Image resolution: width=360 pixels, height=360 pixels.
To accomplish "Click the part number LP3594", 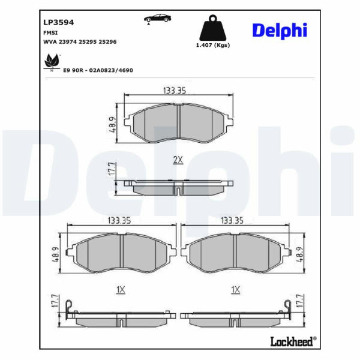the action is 59,23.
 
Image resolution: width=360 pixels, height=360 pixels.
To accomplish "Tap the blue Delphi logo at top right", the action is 280,31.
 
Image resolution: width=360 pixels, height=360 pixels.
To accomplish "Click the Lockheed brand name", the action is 292,341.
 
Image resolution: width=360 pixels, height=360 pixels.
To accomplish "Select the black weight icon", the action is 212,28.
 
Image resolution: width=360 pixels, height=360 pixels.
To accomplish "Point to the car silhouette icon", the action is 157,19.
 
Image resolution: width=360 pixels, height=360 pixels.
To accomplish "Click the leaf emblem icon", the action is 52,62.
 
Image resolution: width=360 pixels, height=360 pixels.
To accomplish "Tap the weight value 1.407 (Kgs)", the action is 213,45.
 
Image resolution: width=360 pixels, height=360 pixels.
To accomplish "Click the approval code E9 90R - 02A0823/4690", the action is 98,70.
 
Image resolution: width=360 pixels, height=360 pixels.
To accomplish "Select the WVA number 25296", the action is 107,42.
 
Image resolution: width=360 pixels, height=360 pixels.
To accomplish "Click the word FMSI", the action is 50,33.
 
